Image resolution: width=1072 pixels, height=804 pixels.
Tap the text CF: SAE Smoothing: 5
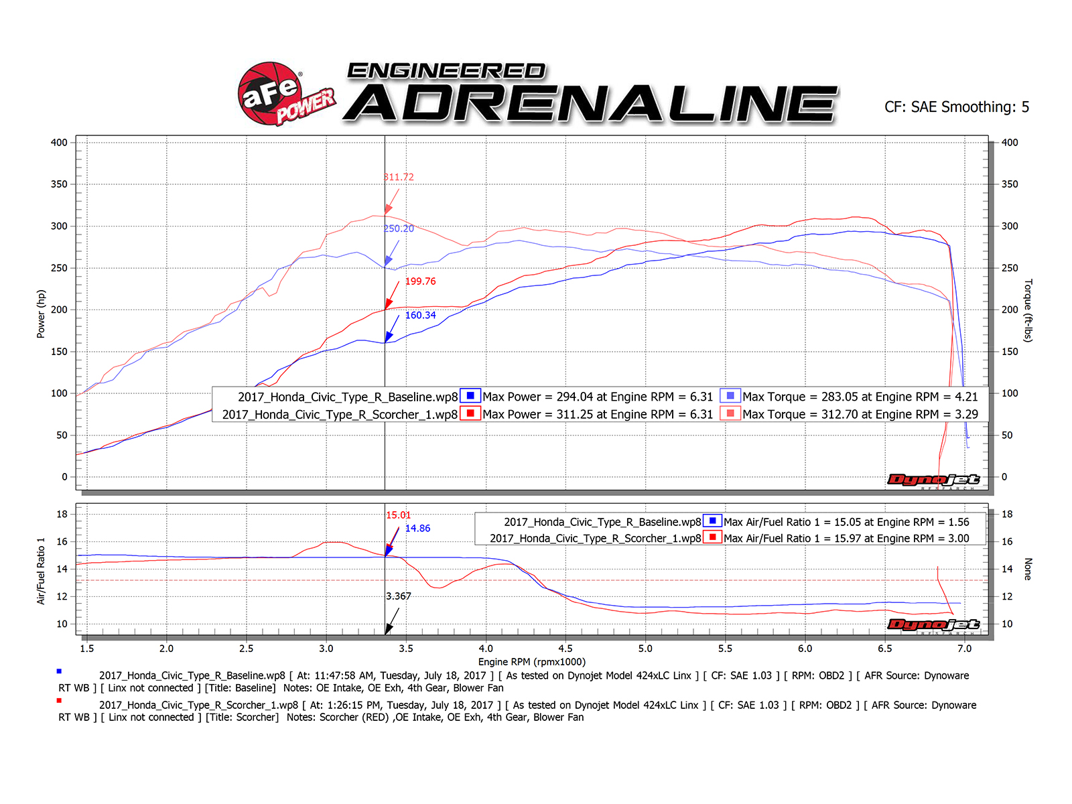pos(956,107)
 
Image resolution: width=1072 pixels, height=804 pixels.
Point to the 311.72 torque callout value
pos(399,177)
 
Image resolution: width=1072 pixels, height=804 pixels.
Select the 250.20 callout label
pos(399,228)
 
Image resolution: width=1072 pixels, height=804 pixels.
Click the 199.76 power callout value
pos(420,281)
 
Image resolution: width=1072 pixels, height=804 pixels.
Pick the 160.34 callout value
pos(420,315)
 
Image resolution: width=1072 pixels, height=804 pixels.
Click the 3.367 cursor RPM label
pos(399,596)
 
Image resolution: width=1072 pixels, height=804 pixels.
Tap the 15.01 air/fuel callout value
pos(398,515)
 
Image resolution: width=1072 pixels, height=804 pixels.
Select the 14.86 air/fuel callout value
pos(417,528)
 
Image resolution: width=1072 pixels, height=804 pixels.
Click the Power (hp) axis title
pos(41,314)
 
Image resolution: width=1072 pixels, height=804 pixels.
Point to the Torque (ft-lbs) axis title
pos(1028,310)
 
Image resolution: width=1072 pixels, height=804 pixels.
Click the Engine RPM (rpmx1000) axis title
pos(531,662)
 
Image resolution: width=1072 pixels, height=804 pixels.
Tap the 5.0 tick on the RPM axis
pos(645,649)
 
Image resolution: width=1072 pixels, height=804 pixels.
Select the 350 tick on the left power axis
pos(59,184)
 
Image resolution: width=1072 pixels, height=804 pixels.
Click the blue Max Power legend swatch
pos(470,396)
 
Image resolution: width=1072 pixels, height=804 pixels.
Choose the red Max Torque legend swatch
pos(730,413)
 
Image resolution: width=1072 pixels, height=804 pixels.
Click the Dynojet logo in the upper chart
pos(933,480)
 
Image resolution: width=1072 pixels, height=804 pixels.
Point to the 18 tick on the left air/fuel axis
pos(62,515)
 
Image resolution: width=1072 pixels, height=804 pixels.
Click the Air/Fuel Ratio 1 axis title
pos(41,571)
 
